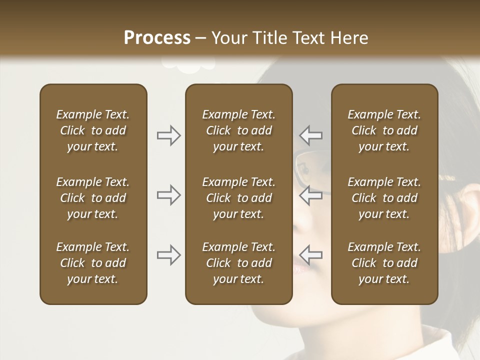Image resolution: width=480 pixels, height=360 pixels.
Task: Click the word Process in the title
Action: (x=157, y=38)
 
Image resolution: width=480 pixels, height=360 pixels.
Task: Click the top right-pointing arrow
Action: (x=169, y=135)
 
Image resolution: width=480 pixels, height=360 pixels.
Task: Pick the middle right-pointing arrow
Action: (x=169, y=195)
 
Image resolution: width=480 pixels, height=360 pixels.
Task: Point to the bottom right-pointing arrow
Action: (x=169, y=254)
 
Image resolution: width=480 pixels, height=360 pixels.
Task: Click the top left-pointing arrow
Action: (x=311, y=135)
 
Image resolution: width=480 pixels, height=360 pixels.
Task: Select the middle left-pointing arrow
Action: (x=311, y=195)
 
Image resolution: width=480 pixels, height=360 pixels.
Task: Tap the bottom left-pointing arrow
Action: (x=311, y=254)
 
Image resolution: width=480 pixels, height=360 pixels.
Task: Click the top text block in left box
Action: (x=93, y=130)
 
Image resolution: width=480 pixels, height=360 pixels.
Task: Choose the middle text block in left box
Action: (x=93, y=198)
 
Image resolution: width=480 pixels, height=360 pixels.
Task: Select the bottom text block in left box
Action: (x=93, y=263)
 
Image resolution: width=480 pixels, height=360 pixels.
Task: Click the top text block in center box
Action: (x=238, y=130)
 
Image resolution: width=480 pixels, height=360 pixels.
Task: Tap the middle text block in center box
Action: (x=238, y=198)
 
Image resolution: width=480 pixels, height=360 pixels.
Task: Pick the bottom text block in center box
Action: (x=238, y=263)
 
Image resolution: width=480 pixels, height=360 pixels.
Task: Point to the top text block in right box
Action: (x=384, y=130)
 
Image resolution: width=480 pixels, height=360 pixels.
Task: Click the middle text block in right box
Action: (x=384, y=198)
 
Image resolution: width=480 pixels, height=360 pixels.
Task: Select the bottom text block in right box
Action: (x=384, y=263)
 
